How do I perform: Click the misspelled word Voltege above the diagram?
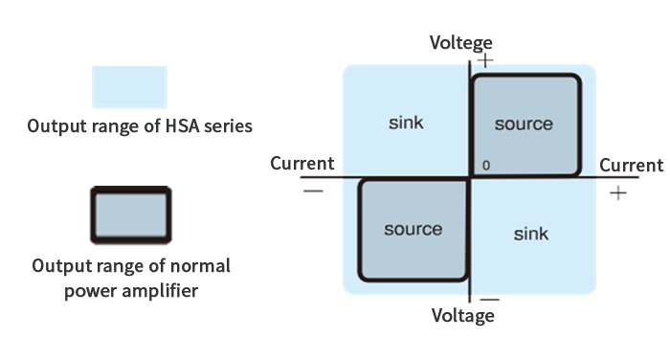click(x=461, y=43)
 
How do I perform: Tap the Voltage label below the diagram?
click(x=462, y=316)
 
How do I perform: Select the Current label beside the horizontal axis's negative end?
click(x=302, y=164)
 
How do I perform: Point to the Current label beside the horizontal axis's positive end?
click(x=631, y=166)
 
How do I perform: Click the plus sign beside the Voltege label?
click(x=485, y=60)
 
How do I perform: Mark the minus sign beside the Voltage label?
click(x=490, y=300)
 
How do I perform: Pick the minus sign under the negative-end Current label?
click(x=313, y=191)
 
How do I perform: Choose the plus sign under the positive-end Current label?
click(x=618, y=193)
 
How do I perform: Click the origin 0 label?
click(x=486, y=166)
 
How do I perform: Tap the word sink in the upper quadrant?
click(x=406, y=123)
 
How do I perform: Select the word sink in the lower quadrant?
click(x=531, y=234)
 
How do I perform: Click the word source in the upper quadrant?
click(x=524, y=124)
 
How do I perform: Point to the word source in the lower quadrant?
click(x=413, y=229)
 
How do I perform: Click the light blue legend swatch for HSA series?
click(x=129, y=87)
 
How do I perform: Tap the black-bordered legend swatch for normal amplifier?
click(x=131, y=215)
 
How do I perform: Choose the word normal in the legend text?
click(x=200, y=266)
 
